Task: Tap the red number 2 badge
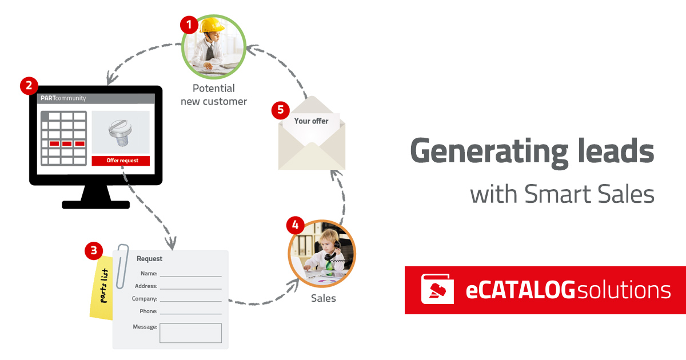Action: coord(29,86)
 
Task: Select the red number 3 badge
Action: coord(93,250)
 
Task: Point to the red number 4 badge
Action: coord(295,225)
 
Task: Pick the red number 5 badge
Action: coord(280,110)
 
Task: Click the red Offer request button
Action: coord(121,161)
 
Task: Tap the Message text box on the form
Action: coord(190,333)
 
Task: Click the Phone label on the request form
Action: coord(148,311)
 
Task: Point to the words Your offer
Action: coord(312,121)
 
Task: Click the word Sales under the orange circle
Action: coord(324,298)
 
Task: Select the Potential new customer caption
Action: coord(214,95)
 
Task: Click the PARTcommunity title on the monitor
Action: coord(63,98)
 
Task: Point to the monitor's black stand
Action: coord(96,197)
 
